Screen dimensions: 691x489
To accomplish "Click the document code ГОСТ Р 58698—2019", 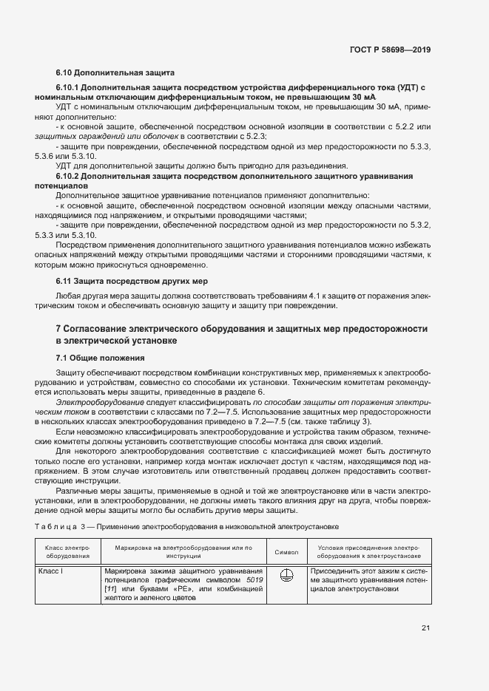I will pos(390,50).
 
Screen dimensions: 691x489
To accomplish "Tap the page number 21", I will pos(425,628).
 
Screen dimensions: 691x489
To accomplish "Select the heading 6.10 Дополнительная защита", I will pos(115,73).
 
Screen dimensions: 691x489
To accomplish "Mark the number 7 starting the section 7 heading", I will pos(58,327).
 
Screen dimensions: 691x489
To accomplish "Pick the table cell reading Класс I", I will pos(53,572).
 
